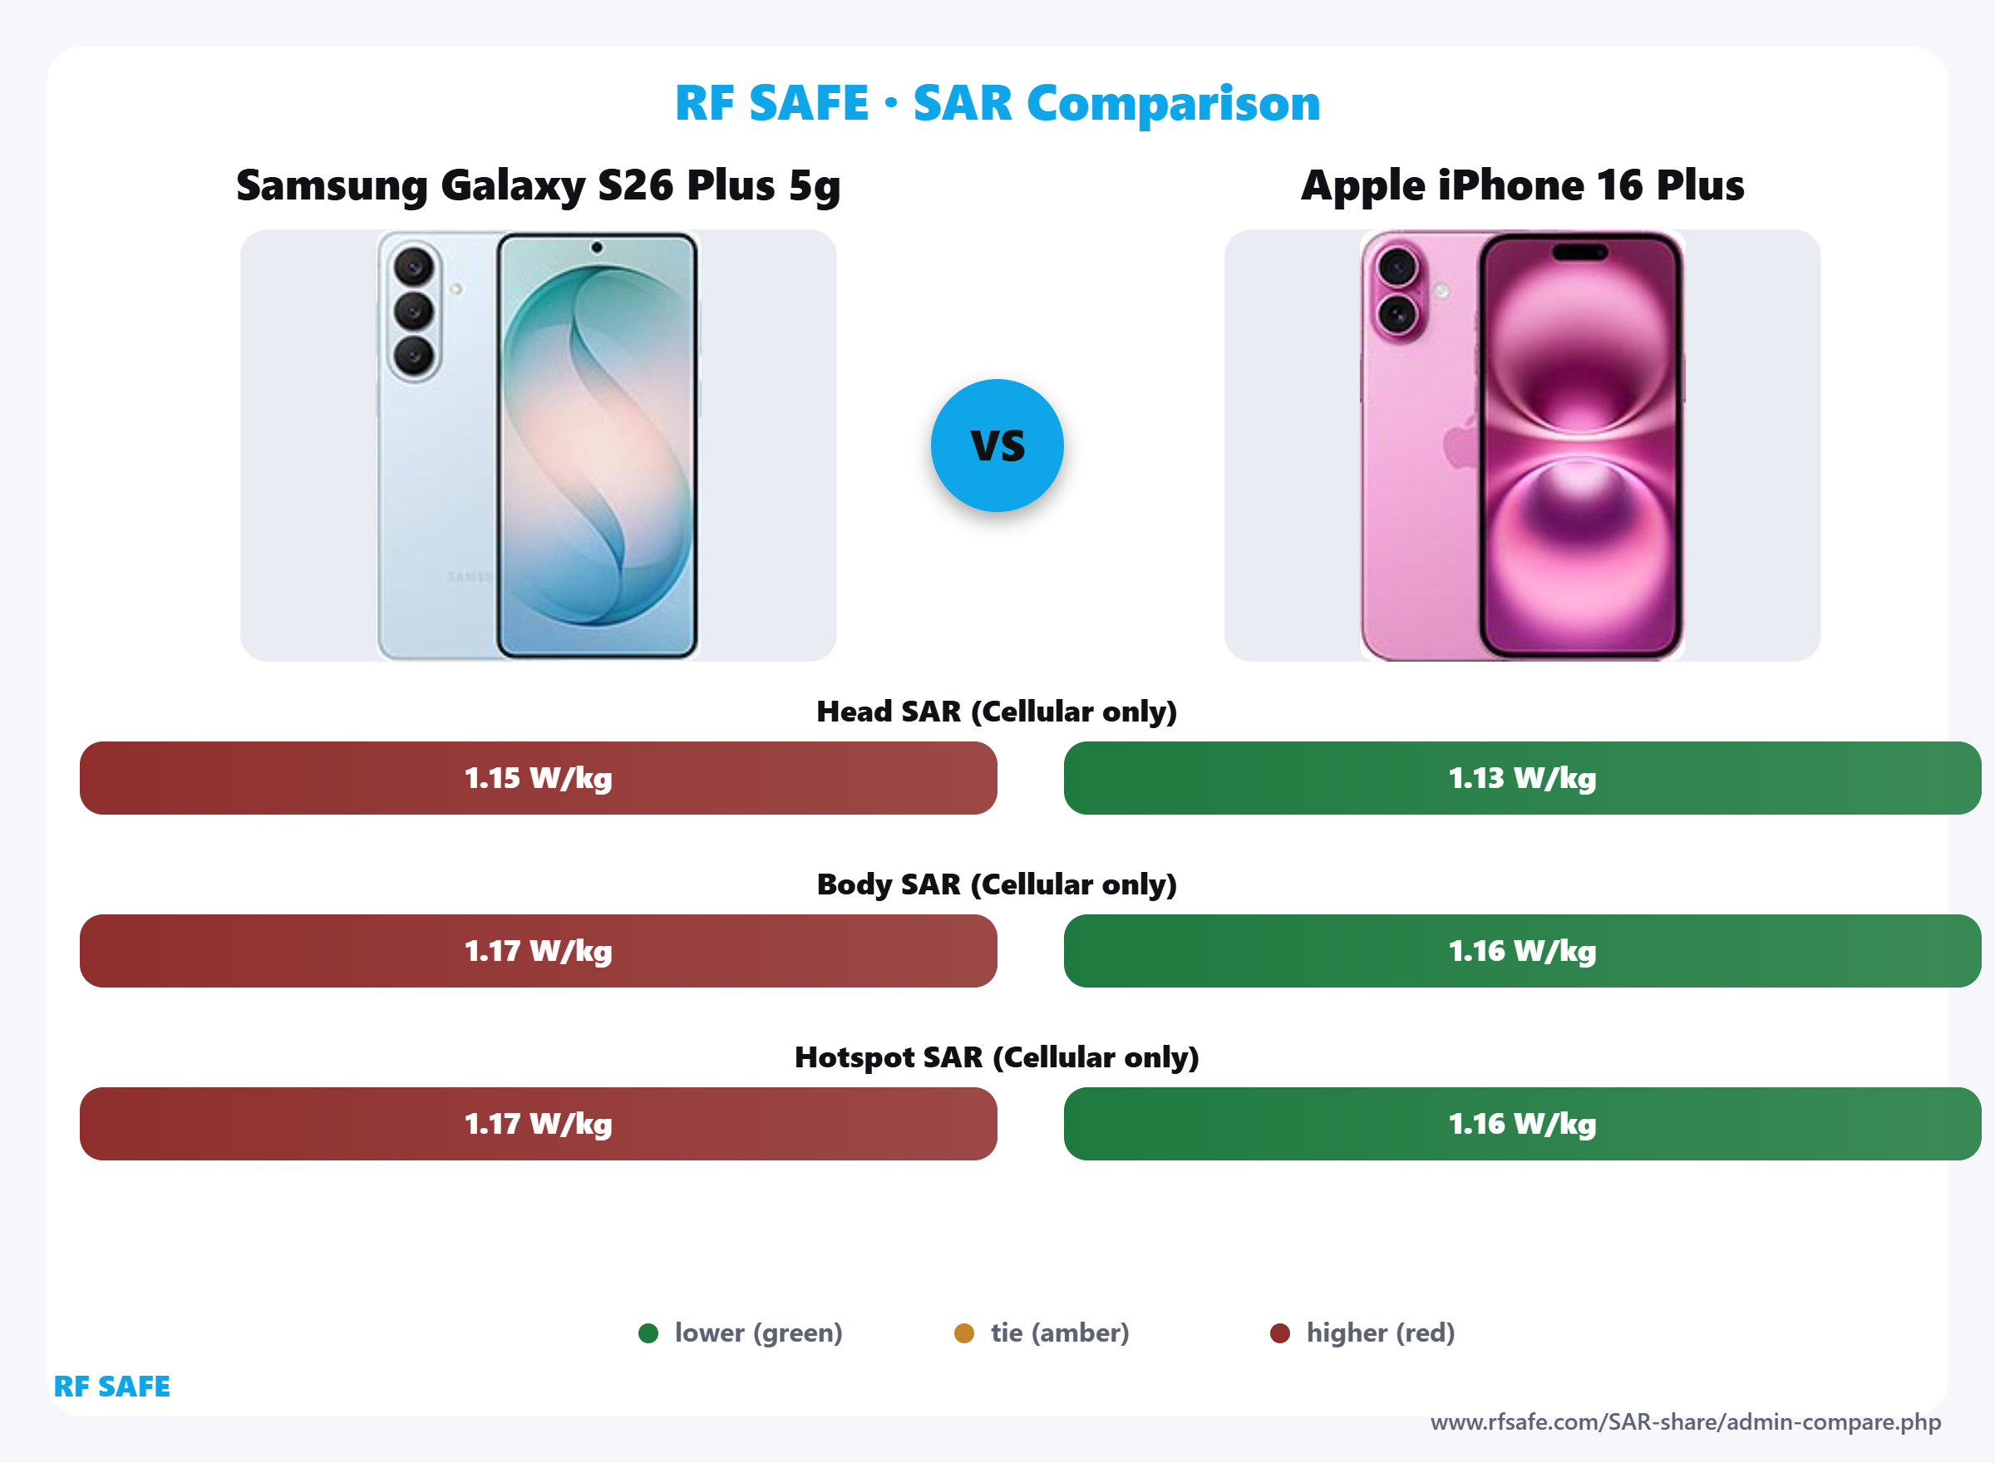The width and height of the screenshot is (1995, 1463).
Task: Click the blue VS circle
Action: (997, 446)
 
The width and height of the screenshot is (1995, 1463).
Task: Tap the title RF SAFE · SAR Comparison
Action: (997, 103)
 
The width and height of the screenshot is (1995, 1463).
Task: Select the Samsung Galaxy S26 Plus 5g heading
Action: (539, 186)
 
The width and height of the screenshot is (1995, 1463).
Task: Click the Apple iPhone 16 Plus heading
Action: (1522, 186)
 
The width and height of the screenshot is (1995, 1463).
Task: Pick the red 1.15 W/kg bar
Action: (539, 777)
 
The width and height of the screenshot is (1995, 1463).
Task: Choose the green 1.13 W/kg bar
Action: (1522, 777)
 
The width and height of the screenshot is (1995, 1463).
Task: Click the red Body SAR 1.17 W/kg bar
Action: (539, 950)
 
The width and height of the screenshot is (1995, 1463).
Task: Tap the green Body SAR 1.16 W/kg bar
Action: (1522, 950)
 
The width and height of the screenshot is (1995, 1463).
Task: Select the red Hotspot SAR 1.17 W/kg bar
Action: (539, 1123)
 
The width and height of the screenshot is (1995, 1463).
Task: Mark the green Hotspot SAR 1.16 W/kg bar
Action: (1522, 1123)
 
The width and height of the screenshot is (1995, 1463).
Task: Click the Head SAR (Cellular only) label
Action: (997, 711)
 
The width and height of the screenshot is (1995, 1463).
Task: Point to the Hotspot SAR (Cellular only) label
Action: (997, 1057)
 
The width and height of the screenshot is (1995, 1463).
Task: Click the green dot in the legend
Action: (648, 1332)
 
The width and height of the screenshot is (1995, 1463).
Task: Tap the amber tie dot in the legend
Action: (964, 1332)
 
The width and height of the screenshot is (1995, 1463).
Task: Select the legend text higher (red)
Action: (1381, 1332)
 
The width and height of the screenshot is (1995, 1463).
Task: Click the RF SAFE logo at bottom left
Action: (111, 1386)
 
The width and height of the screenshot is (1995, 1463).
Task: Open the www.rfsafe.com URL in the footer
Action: (1685, 1422)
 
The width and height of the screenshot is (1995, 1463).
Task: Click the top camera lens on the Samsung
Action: (413, 266)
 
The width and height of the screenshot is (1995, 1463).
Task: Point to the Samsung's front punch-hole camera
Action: (597, 248)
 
